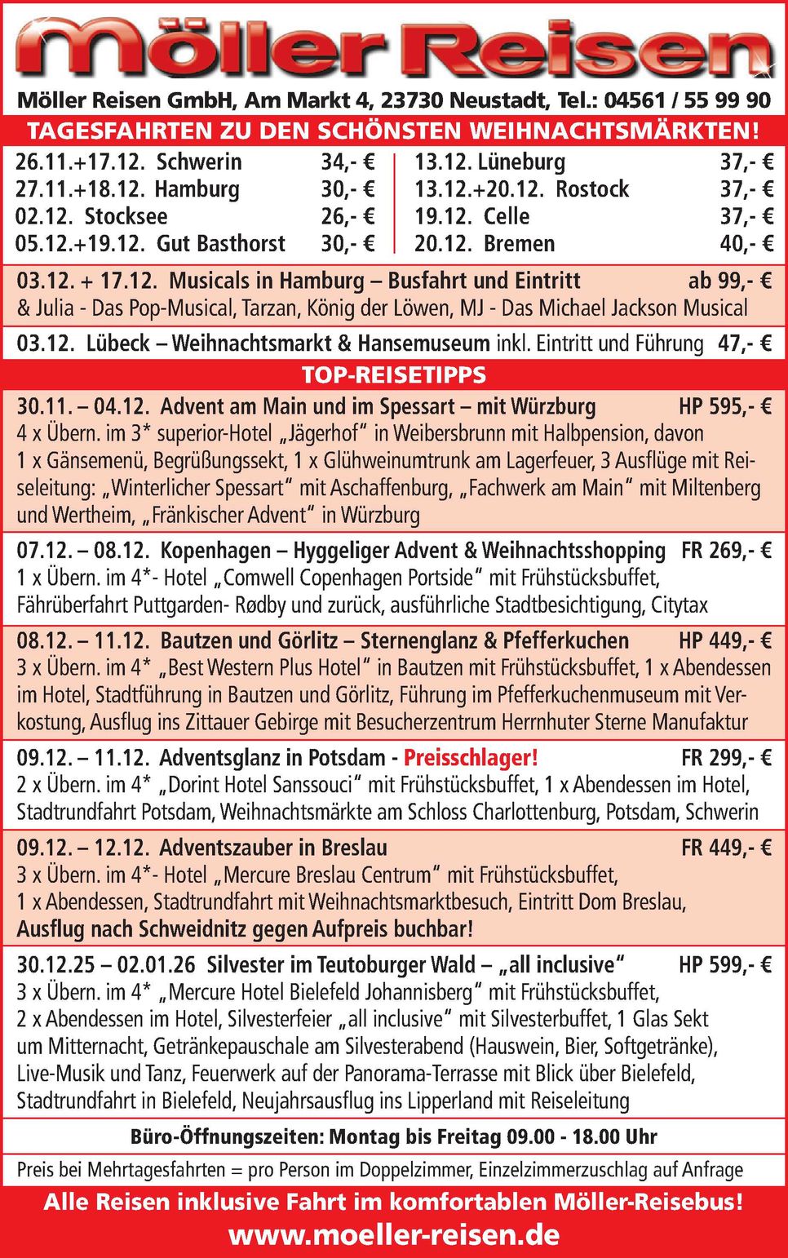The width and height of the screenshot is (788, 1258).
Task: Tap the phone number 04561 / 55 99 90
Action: coord(687,100)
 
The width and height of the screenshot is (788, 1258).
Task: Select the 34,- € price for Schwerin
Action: coord(348,162)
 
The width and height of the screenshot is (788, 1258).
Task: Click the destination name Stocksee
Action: coord(126,216)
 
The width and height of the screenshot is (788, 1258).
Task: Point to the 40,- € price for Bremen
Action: coord(746,244)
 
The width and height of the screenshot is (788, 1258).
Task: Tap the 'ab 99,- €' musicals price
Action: coord(729,281)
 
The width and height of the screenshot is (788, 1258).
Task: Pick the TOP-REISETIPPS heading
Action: coord(394,375)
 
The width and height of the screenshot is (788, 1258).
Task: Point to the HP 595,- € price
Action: coord(724,406)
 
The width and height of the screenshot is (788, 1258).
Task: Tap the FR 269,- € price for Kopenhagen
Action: coord(726,551)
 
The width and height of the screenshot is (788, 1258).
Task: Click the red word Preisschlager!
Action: coord(471,758)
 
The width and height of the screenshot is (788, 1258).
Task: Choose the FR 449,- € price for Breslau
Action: coord(726,848)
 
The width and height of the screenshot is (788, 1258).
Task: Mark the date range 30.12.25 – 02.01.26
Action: coord(106,965)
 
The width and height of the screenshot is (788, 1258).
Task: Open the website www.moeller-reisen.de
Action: coord(394,1235)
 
